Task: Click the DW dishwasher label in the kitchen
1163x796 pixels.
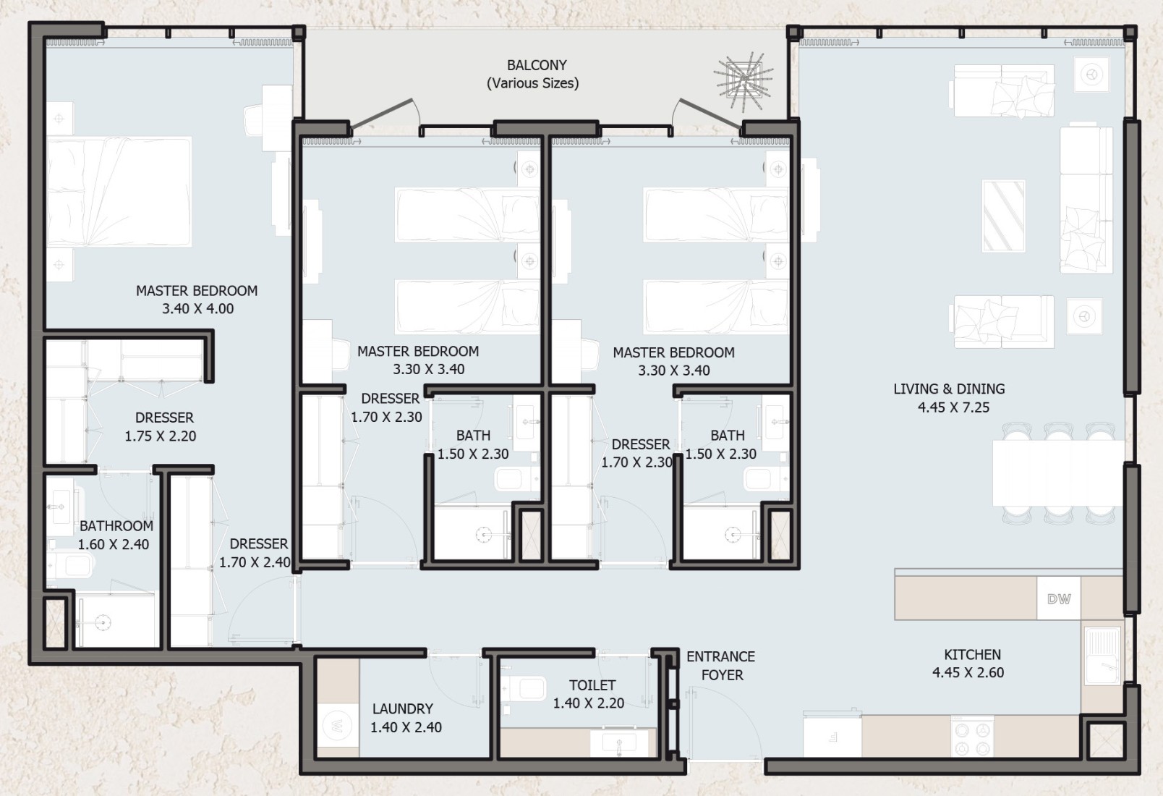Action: tap(1059, 598)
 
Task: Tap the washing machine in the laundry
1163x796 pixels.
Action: tap(338, 726)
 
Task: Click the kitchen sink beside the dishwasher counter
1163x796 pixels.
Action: tap(1102, 655)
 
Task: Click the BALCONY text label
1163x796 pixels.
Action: tap(537, 65)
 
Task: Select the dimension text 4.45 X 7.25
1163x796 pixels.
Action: tap(953, 407)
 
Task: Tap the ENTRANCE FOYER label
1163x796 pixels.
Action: tap(721, 666)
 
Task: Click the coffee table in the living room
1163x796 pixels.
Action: tap(1003, 216)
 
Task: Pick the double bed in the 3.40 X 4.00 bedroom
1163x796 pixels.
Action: tap(119, 191)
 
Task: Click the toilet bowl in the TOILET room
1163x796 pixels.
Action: tap(524, 689)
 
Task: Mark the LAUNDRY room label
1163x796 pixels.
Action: tap(402, 708)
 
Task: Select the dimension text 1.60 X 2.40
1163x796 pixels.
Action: tap(113, 544)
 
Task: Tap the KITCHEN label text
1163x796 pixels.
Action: tap(973, 655)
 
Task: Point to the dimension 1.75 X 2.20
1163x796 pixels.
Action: tap(161, 436)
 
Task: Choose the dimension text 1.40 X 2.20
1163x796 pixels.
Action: tap(588, 703)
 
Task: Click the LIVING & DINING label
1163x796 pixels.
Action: tap(949, 389)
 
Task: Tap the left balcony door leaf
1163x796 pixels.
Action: tap(383, 113)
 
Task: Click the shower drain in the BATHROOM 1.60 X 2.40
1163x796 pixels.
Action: tap(103, 622)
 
